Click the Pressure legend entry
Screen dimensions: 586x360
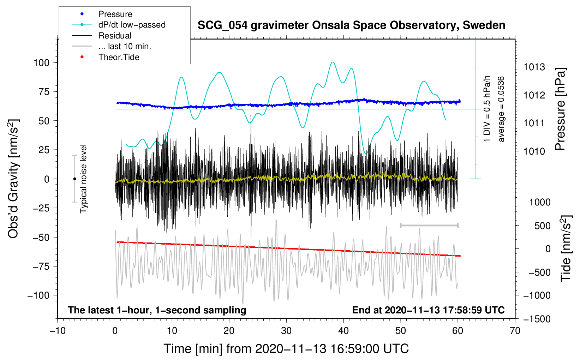102,14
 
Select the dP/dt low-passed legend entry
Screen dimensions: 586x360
119,25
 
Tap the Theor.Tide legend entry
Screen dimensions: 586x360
106,57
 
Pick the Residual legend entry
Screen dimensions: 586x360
102,36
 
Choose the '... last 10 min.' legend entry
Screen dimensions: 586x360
112,46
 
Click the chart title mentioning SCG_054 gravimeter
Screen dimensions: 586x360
351,25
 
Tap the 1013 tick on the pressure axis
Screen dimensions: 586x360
534,67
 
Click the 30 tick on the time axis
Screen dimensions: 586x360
286,331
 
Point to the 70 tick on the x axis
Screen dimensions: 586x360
515,331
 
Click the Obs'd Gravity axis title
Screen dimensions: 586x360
13,179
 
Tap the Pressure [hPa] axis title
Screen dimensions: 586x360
560,109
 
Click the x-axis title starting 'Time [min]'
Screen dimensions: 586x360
286,349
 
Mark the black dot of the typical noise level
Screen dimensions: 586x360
74,179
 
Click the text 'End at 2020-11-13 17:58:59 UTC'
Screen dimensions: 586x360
428,310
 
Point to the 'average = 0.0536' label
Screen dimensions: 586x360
501,109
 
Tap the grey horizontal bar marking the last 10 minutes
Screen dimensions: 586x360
429,225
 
